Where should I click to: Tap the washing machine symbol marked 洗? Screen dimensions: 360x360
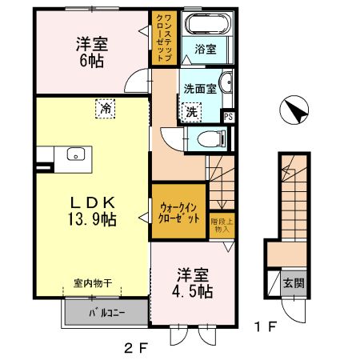click(192, 113)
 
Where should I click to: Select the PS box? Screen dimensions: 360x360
click(230, 117)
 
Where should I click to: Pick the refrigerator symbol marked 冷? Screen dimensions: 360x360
click(106, 106)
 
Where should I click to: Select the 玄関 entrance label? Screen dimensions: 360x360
click(292, 283)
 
